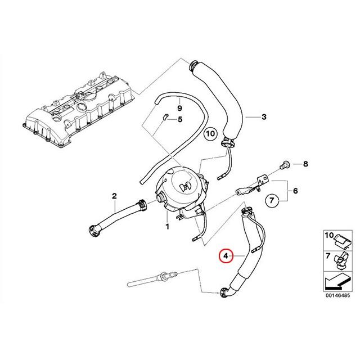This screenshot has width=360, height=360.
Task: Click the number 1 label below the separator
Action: point(167,227)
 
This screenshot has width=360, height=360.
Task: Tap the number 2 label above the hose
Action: point(114,196)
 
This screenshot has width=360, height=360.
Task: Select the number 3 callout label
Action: point(263,118)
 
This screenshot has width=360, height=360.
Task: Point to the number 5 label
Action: point(180,119)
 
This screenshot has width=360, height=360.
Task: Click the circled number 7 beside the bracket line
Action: point(271,200)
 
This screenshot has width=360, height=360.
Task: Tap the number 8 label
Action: point(305,164)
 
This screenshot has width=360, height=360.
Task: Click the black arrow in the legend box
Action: point(335,279)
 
